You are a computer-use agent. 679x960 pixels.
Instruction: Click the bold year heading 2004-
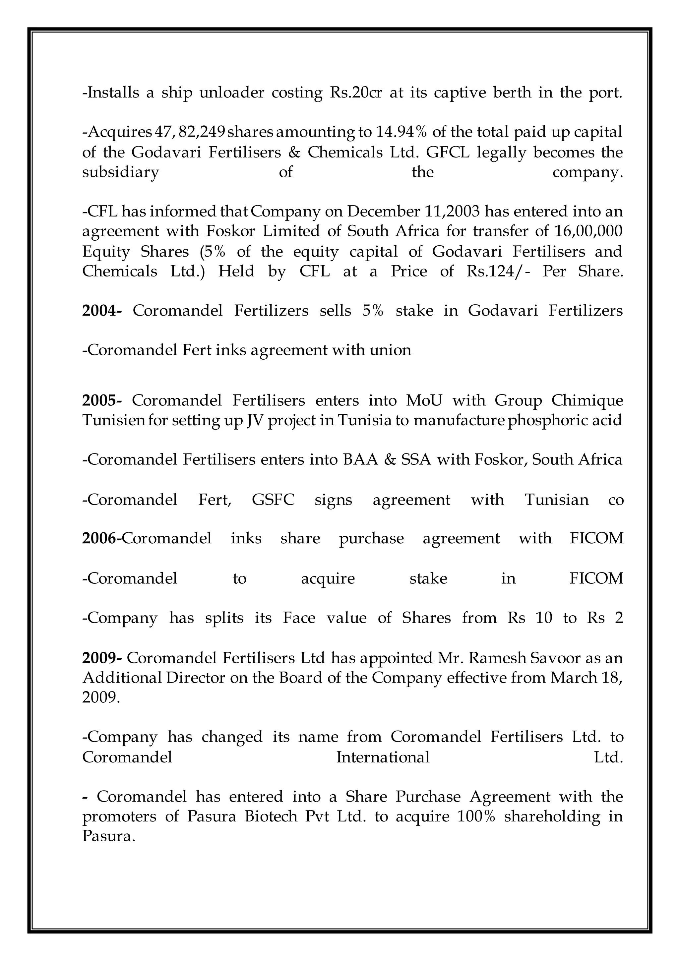(x=101, y=311)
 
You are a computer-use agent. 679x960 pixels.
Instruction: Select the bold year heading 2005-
(x=101, y=400)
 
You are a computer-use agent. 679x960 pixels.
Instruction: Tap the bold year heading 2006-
(x=101, y=538)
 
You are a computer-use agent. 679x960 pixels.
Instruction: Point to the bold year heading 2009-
(x=101, y=658)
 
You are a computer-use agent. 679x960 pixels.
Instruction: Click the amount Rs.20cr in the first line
(x=356, y=92)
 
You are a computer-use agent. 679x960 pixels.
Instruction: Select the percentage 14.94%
(x=401, y=132)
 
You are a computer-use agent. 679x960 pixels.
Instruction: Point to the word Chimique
(x=587, y=400)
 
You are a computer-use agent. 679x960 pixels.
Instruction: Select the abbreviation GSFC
(x=273, y=500)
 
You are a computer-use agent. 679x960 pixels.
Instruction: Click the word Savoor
(x=554, y=658)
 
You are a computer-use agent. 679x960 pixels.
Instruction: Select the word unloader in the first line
(x=232, y=92)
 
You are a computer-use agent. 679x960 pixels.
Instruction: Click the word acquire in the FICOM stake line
(x=328, y=579)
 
